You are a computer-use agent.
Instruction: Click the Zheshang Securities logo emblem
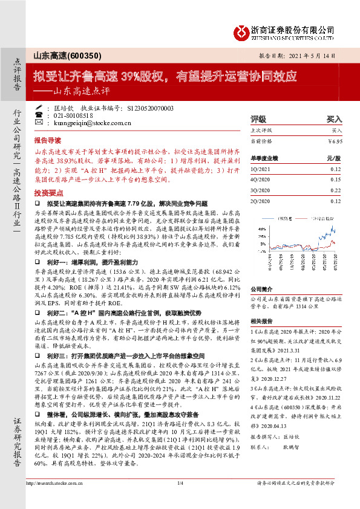click(241, 31)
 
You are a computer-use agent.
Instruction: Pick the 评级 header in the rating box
click(258, 119)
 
